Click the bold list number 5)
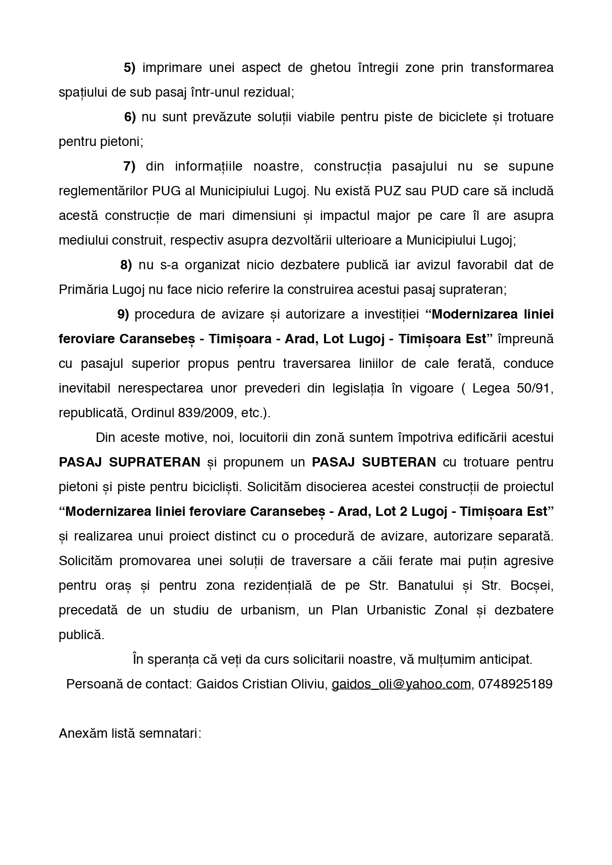(129, 68)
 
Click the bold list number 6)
(130, 117)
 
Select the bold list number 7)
(129, 166)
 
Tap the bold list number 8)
(126, 265)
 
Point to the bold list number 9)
(123, 314)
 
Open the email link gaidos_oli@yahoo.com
(401, 684)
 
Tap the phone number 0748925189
(515, 684)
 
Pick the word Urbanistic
(396, 610)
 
